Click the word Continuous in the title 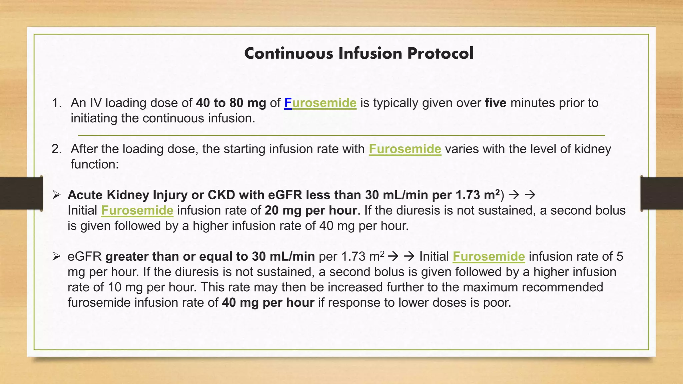pyautogui.click(x=288, y=54)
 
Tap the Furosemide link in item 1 pyautogui.click(x=320, y=103)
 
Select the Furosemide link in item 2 pyautogui.click(x=405, y=149)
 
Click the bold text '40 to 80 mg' pyautogui.click(x=231, y=103)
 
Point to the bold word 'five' pyautogui.click(x=496, y=103)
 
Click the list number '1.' pyautogui.click(x=57, y=103)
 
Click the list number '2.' pyautogui.click(x=57, y=149)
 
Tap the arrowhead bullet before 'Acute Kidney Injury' pyautogui.click(x=56, y=195)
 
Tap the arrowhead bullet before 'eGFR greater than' pyautogui.click(x=56, y=256)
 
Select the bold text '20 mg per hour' pyautogui.click(x=310, y=211)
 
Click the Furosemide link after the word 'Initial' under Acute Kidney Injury pyautogui.click(x=137, y=211)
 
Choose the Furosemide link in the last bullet pyautogui.click(x=489, y=257)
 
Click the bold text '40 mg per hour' pyautogui.click(x=268, y=303)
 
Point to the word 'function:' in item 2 pyautogui.click(x=95, y=164)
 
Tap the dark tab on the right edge pyautogui.click(x=662, y=193)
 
